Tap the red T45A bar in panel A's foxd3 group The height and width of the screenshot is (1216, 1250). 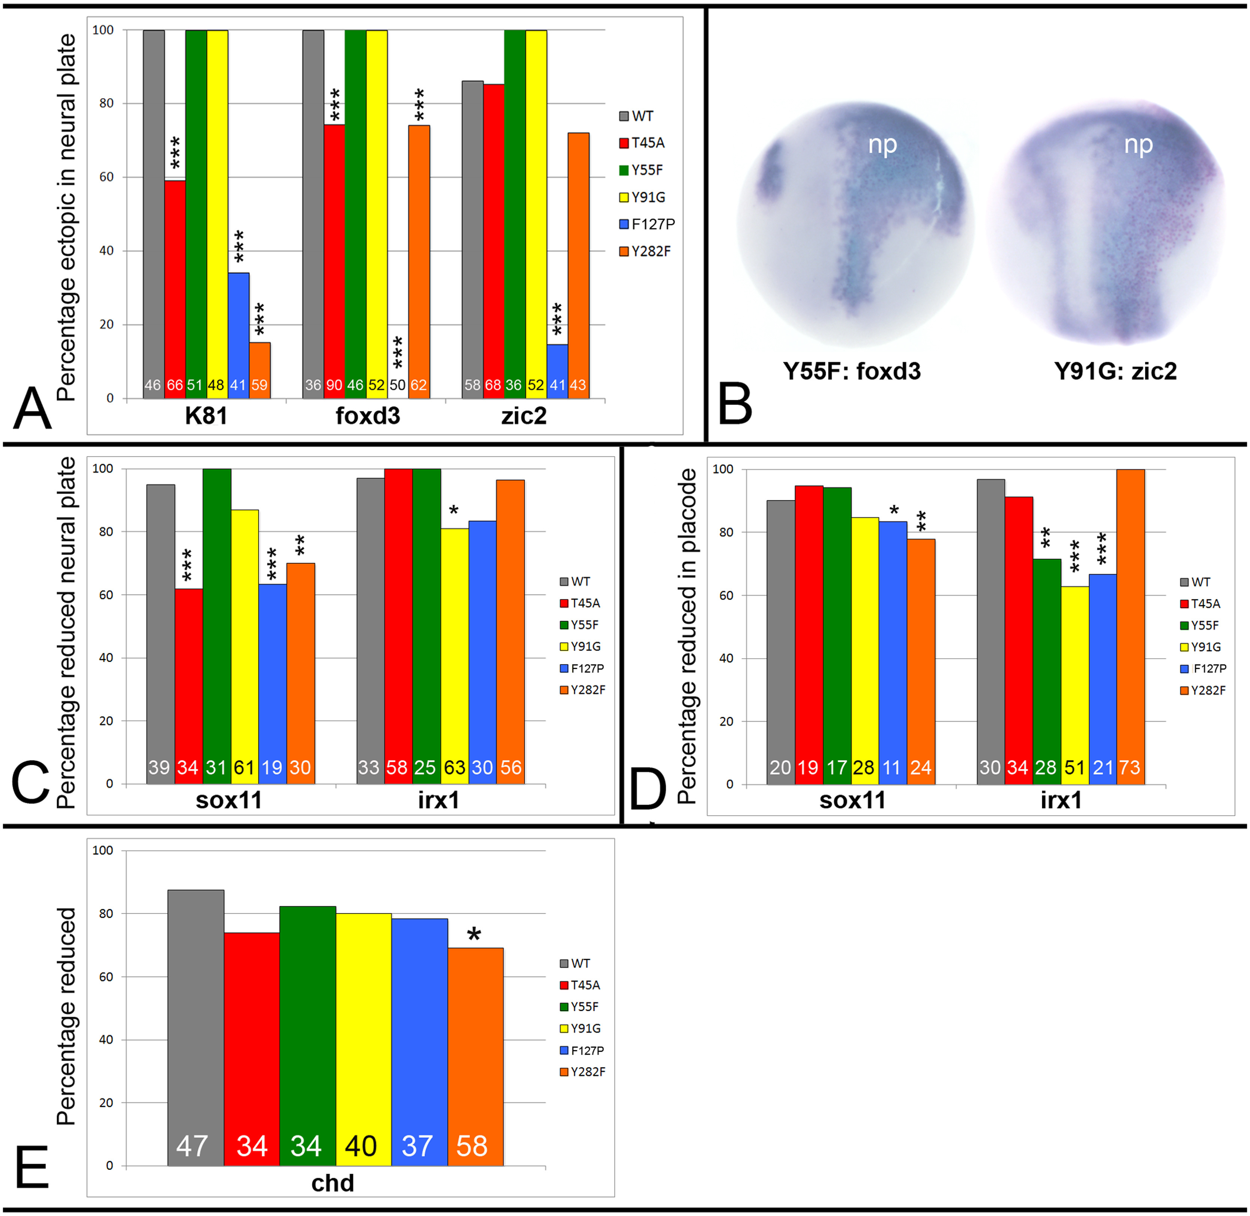pyautogui.click(x=334, y=255)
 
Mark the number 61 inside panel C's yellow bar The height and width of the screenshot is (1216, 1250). pyautogui.click(x=244, y=767)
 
